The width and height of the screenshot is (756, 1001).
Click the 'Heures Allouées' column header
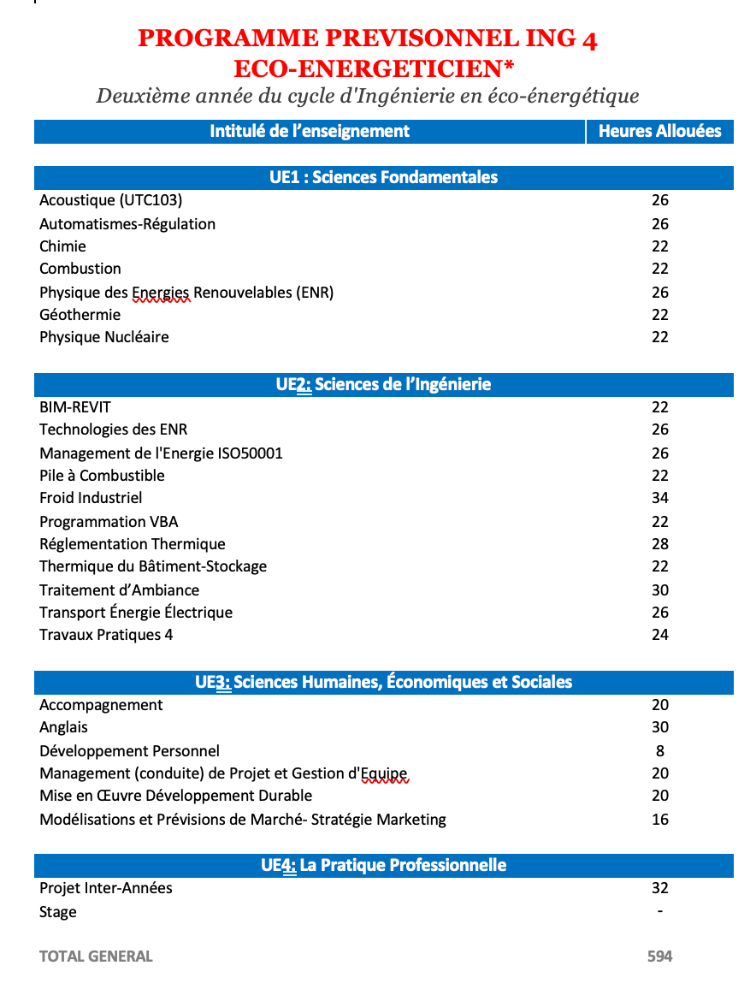[659, 131]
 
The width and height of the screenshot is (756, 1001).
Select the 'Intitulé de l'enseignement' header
[310, 131]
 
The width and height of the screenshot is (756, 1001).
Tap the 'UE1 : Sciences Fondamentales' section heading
[383, 177]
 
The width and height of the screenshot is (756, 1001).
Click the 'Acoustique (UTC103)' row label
[111, 200]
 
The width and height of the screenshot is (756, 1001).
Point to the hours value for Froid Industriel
[659, 498]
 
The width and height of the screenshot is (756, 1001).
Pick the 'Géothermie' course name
[80, 315]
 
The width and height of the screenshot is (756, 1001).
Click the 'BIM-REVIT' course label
[75, 407]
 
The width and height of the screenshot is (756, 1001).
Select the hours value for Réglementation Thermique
[659, 544]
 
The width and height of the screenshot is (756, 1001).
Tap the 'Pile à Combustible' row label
[102, 476]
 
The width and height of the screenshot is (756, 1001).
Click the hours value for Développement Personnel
[659, 751]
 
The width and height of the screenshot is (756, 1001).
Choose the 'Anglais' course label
[63, 727]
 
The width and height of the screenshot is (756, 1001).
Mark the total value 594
[659, 957]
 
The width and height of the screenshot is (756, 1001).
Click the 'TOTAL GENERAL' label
[96, 957]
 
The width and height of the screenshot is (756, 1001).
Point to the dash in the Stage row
[659, 912]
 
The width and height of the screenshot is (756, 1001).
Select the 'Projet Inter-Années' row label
[106, 888]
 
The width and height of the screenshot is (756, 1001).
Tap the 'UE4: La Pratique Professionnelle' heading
[383, 865]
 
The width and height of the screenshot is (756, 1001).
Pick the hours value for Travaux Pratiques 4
[659, 635]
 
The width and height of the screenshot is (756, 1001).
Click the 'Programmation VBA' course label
[109, 522]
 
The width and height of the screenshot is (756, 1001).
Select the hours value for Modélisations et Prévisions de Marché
[659, 820]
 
